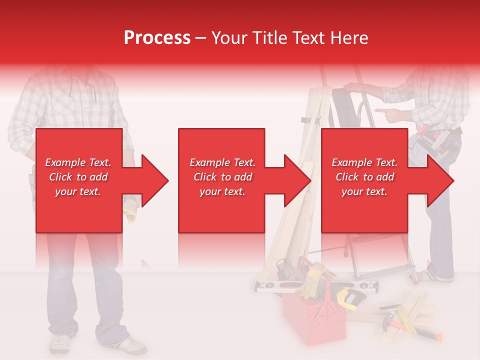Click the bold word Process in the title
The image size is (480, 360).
pyautogui.click(x=157, y=38)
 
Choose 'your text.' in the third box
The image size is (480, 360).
pyautogui.click(x=364, y=191)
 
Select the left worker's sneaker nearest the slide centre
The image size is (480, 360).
pyautogui.click(x=128, y=345)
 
